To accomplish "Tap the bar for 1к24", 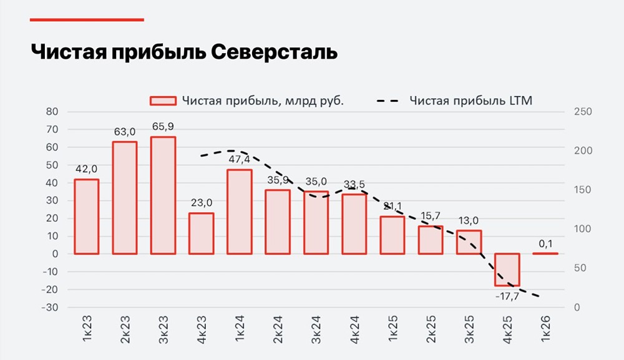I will pos(240,212).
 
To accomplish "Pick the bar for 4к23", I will pos(201,233).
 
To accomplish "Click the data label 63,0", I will pos(125,132).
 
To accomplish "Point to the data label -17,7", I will pos(507,296).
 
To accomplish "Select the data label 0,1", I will pos(545,243).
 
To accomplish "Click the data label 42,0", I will pos(86,169).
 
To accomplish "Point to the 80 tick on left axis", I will pos(52,112).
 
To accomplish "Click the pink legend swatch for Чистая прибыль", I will pos(163,101).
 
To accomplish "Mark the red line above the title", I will pos(87,20).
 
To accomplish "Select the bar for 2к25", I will pos(431,240).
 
